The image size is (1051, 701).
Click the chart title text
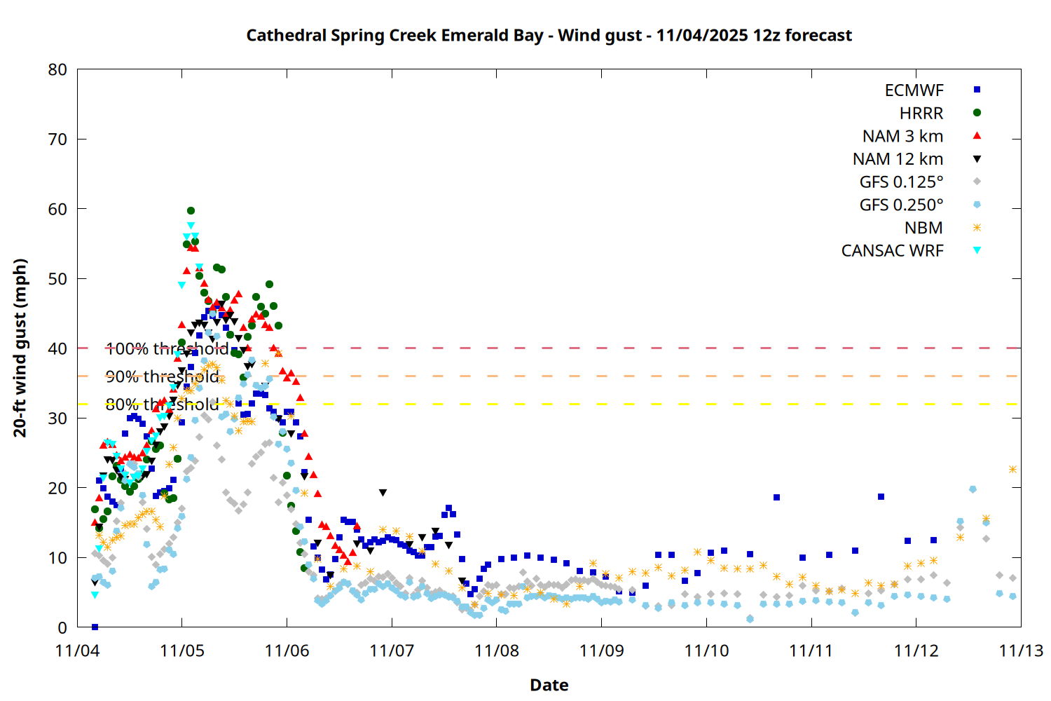click(x=549, y=35)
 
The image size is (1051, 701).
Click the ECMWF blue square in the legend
click(x=977, y=90)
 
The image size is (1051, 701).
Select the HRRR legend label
click(x=921, y=113)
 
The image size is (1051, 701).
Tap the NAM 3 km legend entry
click(x=902, y=136)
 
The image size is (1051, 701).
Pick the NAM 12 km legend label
click(x=898, y=159)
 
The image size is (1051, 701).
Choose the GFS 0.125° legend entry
click(x=901, y=182)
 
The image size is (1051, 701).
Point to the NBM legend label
click(x=923, y=228)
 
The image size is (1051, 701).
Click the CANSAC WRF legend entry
click(x=892, y=251)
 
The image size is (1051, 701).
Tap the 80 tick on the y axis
click(x=58, y=69)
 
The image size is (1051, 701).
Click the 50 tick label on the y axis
click(x=58, y=278)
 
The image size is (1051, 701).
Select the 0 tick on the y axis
click(x=63, y=627)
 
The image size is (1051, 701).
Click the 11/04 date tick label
click(x=77, y=651)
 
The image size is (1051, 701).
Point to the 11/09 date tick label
click(x=601, y=651)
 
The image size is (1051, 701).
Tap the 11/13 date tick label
click(x=1020, y=651)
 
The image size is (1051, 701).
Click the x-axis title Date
click(x=549, y=685)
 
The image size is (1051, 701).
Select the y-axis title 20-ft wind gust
click(x=20, y=348)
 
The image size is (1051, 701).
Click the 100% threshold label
click(x=167, y=348)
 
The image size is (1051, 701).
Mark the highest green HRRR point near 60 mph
click(x=191, y=210)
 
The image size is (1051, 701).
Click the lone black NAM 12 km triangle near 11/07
click(x=383, y=493)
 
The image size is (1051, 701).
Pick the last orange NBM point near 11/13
click(x=1012, y=469)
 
